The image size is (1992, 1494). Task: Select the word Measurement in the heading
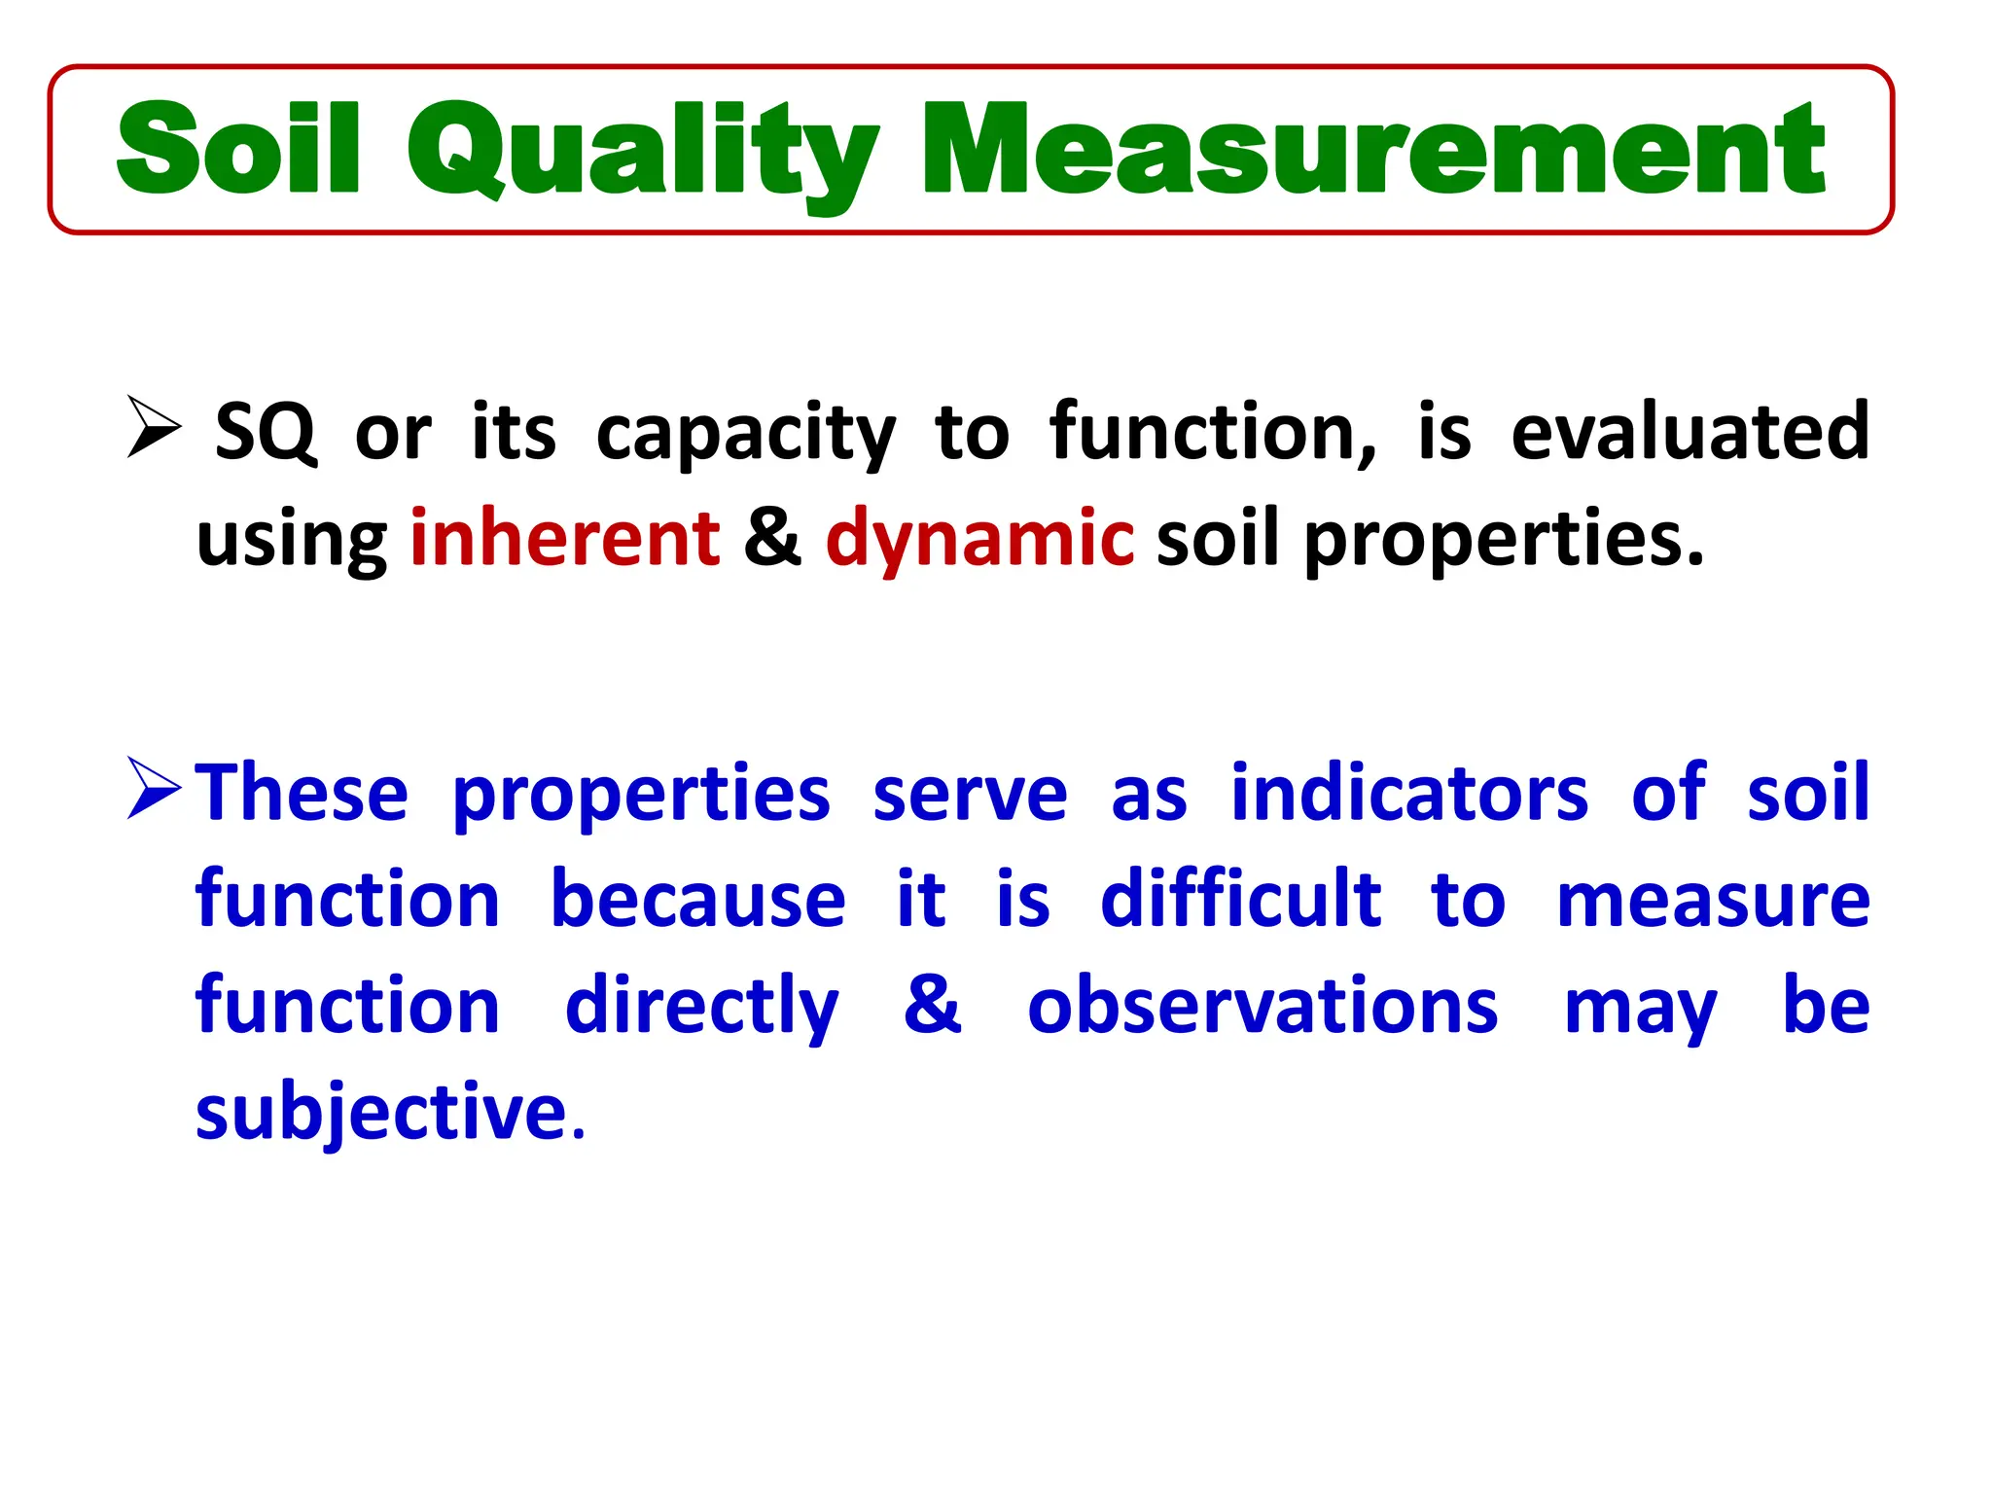(x=1372, y=151)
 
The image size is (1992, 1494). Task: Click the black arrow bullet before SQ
(x=154, y=428)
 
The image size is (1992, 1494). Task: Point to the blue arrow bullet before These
(x=154, y=789)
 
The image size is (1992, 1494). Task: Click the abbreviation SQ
(x=266, y=432)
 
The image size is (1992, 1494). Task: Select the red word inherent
(x=565, y=538)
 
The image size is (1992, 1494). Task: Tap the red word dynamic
(x=979, y=538)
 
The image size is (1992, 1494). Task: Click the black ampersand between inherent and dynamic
(x=772, y=538)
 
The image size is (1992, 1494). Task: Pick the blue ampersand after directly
(x=932, y=1005)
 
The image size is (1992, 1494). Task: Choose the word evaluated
(x=1690, y=432)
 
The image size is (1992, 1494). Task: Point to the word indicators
(x=1409, y=794)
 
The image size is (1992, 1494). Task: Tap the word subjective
(x=381, y=1113)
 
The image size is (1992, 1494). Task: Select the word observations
(x=1263, y=1006)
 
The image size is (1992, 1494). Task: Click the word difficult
(x=1240, y=899)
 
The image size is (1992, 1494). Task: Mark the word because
(x=697, y=899)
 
